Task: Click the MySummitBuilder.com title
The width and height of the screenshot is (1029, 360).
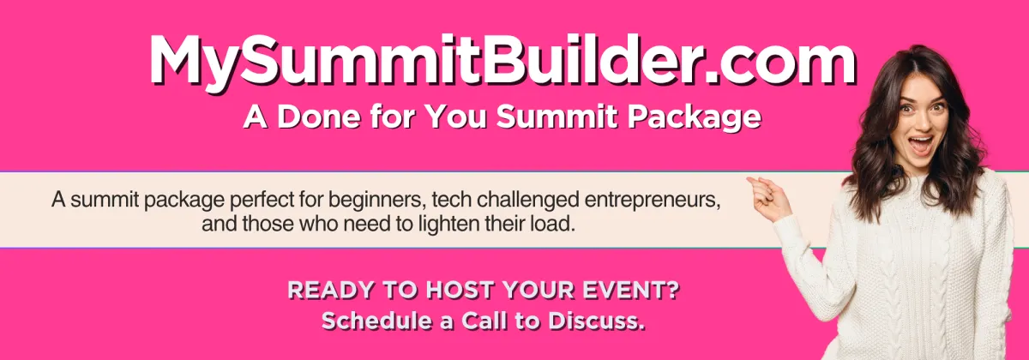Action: (x=503, y=61)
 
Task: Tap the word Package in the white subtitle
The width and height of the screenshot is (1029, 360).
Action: (x=694, y=118)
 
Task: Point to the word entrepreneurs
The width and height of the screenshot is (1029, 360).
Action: (x=653, y=201)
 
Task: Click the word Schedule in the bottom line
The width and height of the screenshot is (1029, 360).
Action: (x=376, y=321)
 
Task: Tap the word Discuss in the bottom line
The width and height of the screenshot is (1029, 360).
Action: (x=597, y=321)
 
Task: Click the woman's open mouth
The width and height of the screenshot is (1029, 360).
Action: (x=921, y=145)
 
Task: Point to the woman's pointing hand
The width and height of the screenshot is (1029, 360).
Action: (x=769, y=199)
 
